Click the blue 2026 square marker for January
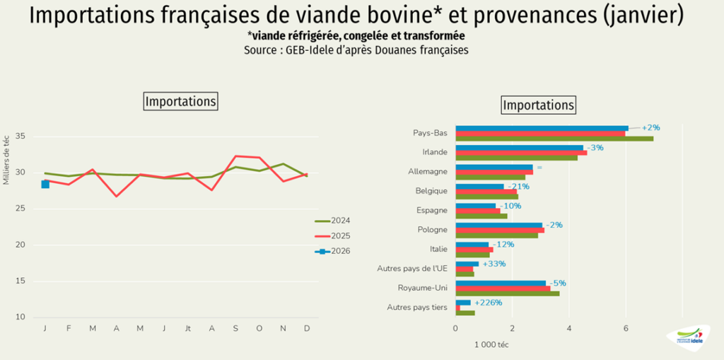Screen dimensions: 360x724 45,184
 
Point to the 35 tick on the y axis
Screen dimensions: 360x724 20,136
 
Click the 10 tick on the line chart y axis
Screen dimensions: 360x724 20,318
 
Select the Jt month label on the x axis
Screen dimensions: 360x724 188,330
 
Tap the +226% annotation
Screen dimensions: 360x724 489,303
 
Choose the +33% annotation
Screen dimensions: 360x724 494,264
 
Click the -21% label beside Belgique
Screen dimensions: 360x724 518,187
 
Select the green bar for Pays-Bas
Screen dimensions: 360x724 554,139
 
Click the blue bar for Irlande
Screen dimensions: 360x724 519,148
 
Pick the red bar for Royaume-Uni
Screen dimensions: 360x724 503,288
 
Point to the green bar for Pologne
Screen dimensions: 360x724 496,236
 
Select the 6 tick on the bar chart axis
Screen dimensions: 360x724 626,328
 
